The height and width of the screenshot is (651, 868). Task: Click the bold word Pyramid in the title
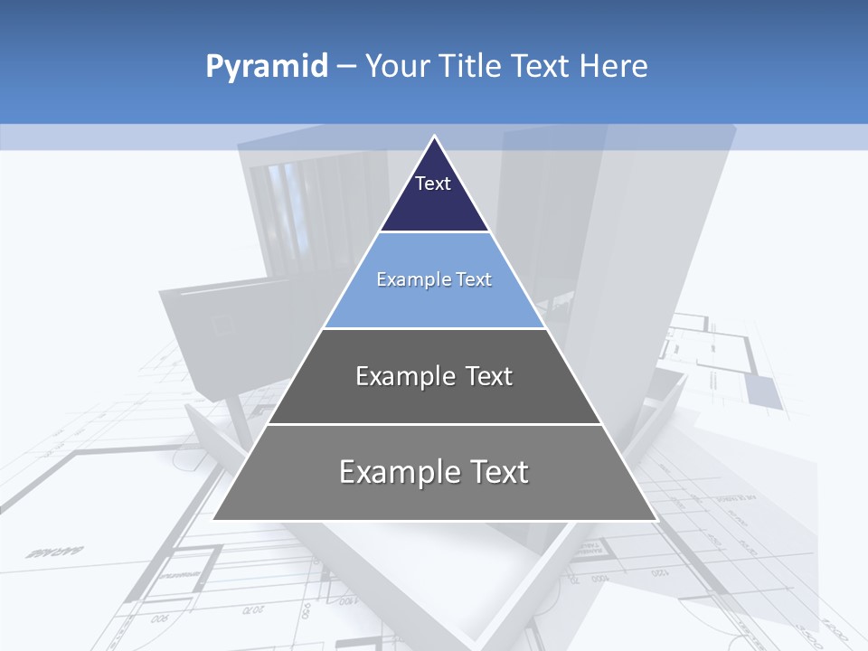tap(266, 67)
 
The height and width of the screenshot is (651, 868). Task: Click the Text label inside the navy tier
tap(433, 184)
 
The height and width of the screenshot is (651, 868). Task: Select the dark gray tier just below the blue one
tap(434, 398)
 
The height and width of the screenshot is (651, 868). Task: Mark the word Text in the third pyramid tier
tap(489, 376)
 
